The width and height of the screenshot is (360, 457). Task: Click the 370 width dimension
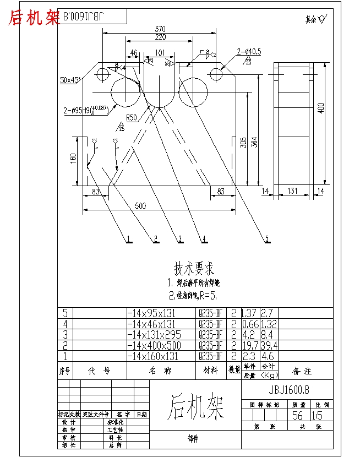coord(160,29)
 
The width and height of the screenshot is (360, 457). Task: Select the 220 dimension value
coord(160,37)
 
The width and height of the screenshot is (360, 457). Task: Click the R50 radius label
coord(131,117)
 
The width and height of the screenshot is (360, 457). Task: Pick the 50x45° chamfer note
coord(70,80)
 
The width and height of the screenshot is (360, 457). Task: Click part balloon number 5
coord(268,238)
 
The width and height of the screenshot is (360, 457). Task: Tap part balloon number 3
coord(179,238)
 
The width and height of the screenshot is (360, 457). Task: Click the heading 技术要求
coord(194,269)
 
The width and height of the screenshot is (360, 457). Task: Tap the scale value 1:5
coord(318,415)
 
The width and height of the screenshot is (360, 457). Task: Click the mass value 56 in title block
coord(298,415)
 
